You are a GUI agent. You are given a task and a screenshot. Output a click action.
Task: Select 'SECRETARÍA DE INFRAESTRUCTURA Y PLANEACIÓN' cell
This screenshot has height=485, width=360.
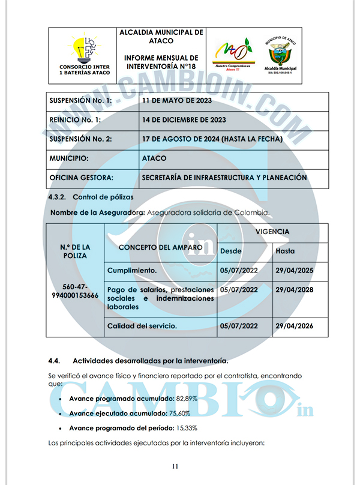coord(224,178)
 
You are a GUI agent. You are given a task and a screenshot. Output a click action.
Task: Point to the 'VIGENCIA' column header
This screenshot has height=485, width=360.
coord(272,232)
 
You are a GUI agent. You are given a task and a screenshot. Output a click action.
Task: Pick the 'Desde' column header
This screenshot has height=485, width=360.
coord(231,251)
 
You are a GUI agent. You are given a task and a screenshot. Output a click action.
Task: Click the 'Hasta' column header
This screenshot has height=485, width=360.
coord(285,251)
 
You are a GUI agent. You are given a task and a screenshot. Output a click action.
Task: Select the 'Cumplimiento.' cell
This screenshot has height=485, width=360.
coord(132,271)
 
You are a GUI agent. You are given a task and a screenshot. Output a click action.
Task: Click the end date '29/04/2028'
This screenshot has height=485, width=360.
coord(295,290)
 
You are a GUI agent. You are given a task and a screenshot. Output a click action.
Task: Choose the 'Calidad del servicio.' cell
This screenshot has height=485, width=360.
coord(142,326)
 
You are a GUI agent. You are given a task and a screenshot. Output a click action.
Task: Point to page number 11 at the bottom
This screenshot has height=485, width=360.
coord(175,466)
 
